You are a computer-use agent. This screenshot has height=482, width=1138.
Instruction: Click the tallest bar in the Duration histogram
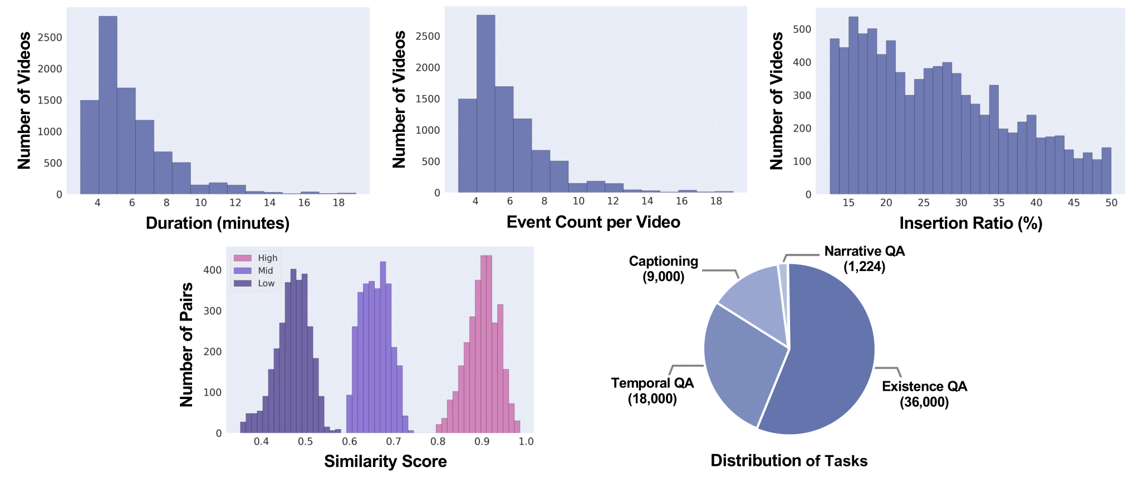(x=108, y=106)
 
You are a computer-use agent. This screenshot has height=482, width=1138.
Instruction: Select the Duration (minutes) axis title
(x=218, y=223)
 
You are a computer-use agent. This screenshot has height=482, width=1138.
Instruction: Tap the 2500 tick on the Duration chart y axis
(x=50, y=37)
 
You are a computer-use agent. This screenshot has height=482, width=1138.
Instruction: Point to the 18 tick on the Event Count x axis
(x=716, y=201)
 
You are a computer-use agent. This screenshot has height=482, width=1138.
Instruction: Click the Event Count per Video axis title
(x=593, y=222)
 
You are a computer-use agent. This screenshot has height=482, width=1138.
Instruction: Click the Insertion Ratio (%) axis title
(x=970, y=223)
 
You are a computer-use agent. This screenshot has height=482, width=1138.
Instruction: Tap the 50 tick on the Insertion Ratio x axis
(x=1111, y=203)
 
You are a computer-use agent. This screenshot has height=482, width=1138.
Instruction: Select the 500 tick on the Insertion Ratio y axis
(x=802, y=29)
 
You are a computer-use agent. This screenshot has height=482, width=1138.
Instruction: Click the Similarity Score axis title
(x=385, y=461)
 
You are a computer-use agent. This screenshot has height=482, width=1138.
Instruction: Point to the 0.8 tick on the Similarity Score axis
(x=438, y=441)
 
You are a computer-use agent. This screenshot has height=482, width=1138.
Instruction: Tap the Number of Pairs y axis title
(x=187, y=345)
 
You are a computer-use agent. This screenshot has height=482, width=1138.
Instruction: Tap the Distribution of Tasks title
(x=789, y=461)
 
